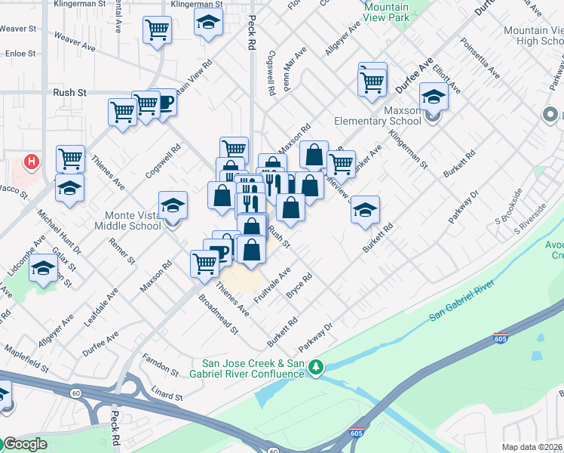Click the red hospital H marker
[x=32, y=161]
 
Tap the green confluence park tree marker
[x=317, y=368]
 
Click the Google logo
[x=25, y=444]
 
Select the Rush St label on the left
[x=70, y=92]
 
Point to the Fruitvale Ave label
[x=272, y=286]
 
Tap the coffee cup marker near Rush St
[x=164, y=103]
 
